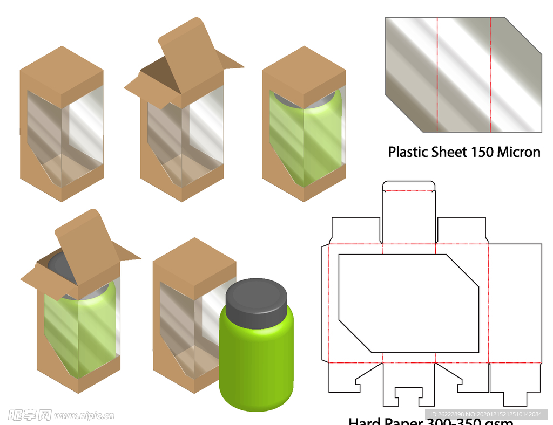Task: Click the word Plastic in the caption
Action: (x=408, y=152)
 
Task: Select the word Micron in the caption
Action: (x=518, y=152)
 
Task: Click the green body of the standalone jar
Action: (x=256, y=367)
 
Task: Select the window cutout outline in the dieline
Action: (x=409, y=303)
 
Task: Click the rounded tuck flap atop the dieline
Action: (x=409, y=187)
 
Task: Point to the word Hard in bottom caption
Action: (x=365, y=422)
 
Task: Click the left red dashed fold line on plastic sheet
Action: (x=437, y=74)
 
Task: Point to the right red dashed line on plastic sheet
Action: (x=490, y=74)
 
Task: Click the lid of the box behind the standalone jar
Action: (x=194, y=261)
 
